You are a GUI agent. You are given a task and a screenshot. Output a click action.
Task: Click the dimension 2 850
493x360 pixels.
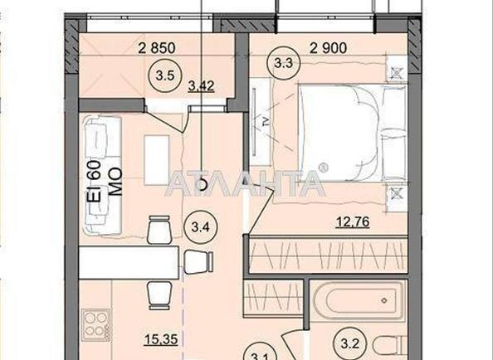click(x=156, y=47)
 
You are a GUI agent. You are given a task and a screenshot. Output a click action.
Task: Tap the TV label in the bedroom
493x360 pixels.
click(x=264, y=119)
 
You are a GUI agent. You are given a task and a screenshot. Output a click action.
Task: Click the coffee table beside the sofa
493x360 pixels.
click(x=155, y=160)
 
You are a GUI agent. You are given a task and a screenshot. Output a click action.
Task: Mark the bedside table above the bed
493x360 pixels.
click(x=397, y=73)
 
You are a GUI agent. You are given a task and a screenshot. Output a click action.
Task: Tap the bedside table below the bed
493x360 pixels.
click(x=397, y=192)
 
